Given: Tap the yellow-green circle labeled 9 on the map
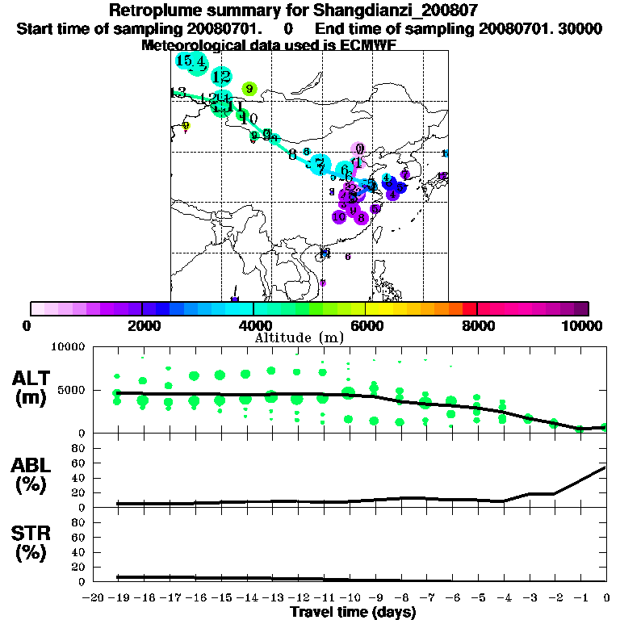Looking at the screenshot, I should tap(249, 89).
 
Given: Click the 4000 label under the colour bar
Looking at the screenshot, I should tap(253, 325).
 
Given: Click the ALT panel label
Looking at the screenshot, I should tap(32, 387).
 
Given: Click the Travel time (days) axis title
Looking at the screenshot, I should tap(354, 612).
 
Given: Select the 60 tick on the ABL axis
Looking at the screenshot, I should tap(79, 463).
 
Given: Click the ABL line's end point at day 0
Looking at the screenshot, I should tap(606, 467).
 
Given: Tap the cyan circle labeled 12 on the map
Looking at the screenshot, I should tap(221, 77).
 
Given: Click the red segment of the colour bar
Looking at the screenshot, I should tap(469, 308).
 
